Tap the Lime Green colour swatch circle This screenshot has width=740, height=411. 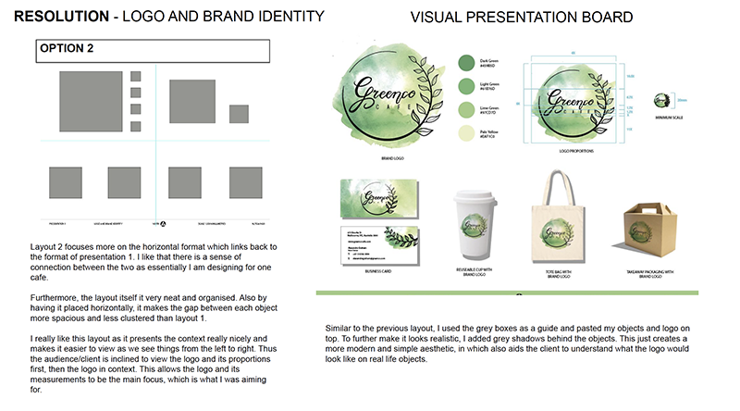(468, 111)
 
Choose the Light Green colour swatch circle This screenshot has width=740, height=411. (468, 87)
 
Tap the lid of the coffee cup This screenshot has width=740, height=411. (478, 196)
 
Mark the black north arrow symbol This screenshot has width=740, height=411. (164, 223)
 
